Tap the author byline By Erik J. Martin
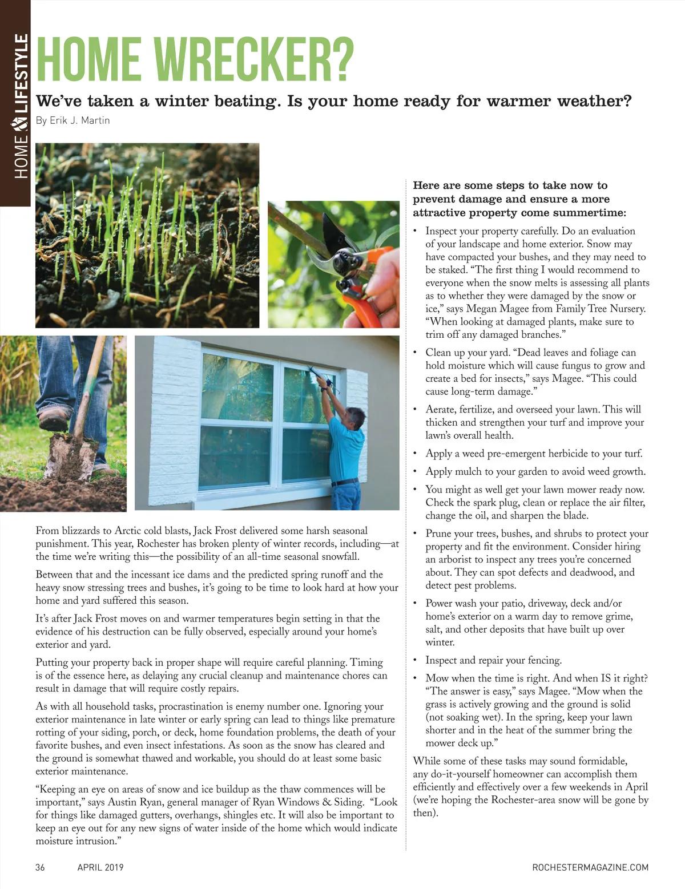click(x=72, y=120)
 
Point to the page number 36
click(x=40, y=867)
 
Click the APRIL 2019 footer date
click(x=100, y=867)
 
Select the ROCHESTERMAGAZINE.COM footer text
click(x=590, y=867)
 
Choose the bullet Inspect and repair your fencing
click(x=493, y=660)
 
